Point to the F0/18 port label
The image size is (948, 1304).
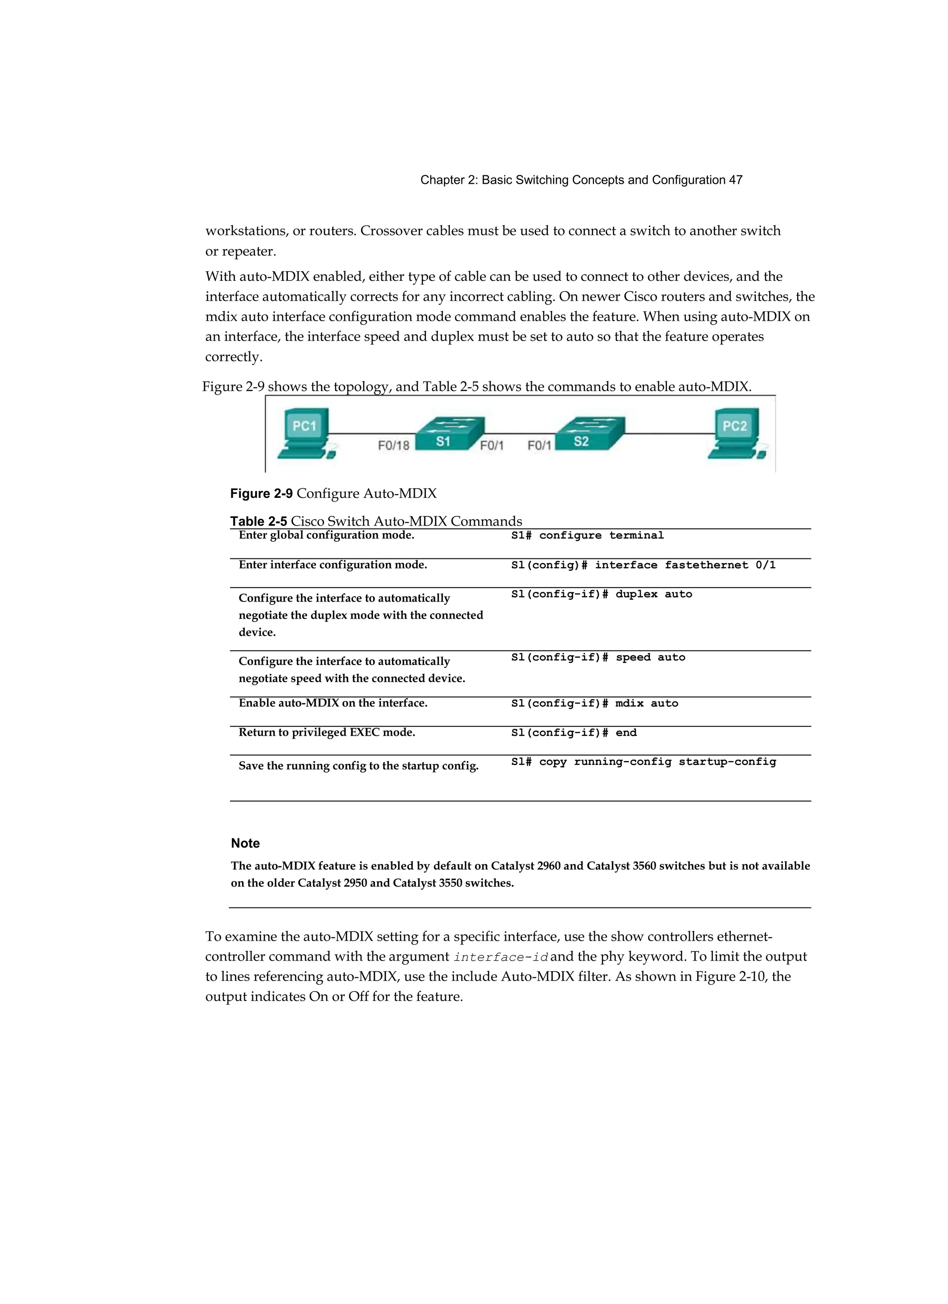[393, 446]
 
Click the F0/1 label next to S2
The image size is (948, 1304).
[539, 446]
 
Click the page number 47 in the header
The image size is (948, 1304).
[736, 180]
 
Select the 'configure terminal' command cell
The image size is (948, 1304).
[587, 535]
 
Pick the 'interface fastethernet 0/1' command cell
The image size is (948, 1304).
[643, 565]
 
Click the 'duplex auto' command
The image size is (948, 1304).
[602, 594]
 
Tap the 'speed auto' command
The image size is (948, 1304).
[598, 657]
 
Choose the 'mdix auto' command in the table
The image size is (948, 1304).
[595, 703]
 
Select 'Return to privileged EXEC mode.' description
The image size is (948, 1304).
[327, 733]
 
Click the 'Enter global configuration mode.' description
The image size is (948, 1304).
[326, 535]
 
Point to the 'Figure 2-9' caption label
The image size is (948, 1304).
[261, 493]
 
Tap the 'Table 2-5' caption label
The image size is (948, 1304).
[258, 522]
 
